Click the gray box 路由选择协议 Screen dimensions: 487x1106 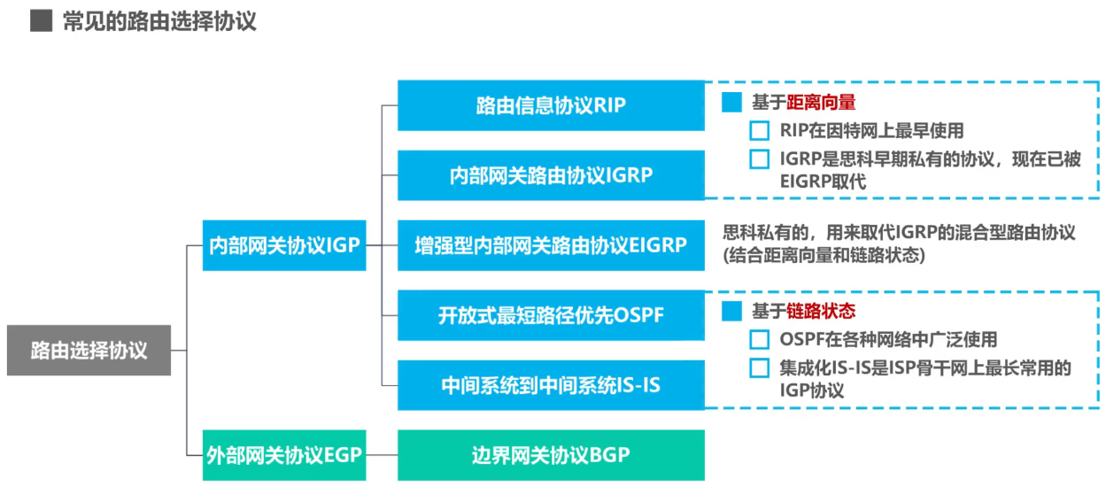[89, 351]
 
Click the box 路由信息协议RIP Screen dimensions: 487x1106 [551, 105]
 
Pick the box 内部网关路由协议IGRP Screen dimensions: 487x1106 [551, 175]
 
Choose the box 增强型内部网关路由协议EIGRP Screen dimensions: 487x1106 [551, 245]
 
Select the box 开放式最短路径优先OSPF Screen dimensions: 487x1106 [551, 314]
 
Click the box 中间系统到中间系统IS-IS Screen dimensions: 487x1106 [551, 385]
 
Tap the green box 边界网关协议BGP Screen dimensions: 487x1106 [551, 455]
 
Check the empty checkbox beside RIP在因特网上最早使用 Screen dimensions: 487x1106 [760, 131]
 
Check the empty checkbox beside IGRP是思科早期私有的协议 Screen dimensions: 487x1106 [760, 160]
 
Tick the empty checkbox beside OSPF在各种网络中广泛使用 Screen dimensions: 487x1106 [760, 340]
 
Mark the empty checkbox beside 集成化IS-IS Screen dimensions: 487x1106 [760, 368]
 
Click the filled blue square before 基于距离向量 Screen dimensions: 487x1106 [731, 103]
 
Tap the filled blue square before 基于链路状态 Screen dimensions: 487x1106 [731, 312]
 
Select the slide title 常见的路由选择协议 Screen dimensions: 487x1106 [159, 21]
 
